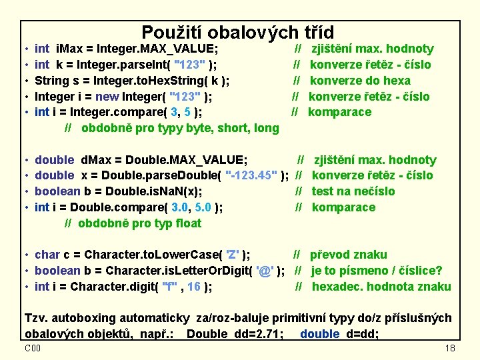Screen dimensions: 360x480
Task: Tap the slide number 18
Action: (x=449, y=349)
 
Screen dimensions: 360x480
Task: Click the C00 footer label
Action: (x=33, y=348)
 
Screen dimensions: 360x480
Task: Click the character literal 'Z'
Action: (x=233, y=255)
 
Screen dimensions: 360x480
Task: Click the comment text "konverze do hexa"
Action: (x=360, y=81)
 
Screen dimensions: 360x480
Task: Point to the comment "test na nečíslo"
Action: (x=353, y=191)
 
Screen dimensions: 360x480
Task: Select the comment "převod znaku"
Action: (x=348, y=255)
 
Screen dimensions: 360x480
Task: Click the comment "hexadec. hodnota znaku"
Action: (x=381, y=287)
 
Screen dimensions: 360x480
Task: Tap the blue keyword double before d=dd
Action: (x=319, y=333)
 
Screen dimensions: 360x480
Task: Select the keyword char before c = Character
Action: (x=47, y=255)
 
